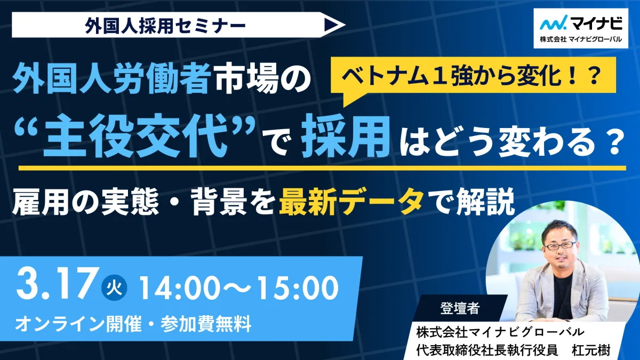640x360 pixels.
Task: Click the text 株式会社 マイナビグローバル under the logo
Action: tap(581, 39)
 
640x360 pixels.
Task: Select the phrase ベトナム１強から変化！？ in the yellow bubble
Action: tap(473, 76)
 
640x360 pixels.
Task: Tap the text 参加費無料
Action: tap(206, 324)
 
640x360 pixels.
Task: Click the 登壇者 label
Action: tap(460, 308)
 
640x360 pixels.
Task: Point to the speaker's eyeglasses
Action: tap(559, 245)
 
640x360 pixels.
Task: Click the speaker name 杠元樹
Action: tap(590, 349)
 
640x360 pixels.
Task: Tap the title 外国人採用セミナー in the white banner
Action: tap(165, 25)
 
